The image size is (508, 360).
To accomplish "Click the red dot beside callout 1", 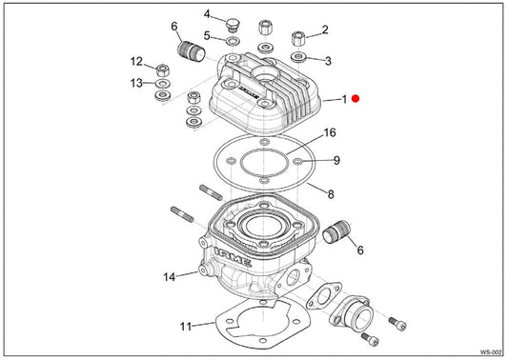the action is click(x=356, y=98).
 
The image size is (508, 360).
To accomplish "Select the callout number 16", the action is click(x=330, y=132).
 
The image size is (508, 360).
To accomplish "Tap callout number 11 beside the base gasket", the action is click(x=186, y=326).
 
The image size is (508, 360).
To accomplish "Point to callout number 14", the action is click(x=169, y=277).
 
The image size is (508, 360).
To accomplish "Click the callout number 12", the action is click(x=136, y=62).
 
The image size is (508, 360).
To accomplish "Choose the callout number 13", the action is click(x=136, y=83).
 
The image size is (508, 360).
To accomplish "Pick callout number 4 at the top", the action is click(x=207, y=14).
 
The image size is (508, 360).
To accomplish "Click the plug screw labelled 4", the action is click(x=232, y=26).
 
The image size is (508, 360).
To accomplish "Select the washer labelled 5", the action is click(x=233, y=41).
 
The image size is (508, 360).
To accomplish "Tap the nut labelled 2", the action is click(x=298, y=39).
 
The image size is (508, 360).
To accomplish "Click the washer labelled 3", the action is click(x=298, y=57).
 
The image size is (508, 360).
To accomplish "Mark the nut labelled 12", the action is click(x=163, y=70).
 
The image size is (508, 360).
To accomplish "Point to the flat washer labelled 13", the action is click(x=164, y=84).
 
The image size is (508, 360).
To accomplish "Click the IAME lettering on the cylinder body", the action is click(x=233, y=257).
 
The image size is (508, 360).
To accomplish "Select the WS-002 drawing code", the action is click(x=491, y=352).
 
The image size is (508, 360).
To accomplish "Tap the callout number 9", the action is click(x=337, y=160).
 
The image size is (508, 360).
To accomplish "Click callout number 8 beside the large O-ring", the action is click(x=331, y=194).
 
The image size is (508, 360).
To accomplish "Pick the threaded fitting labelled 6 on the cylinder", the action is click(x=337, y=232).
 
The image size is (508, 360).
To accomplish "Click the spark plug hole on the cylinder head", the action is click(x=266, y=74).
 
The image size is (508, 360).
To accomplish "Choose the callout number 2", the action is click(x=325, y=30).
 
